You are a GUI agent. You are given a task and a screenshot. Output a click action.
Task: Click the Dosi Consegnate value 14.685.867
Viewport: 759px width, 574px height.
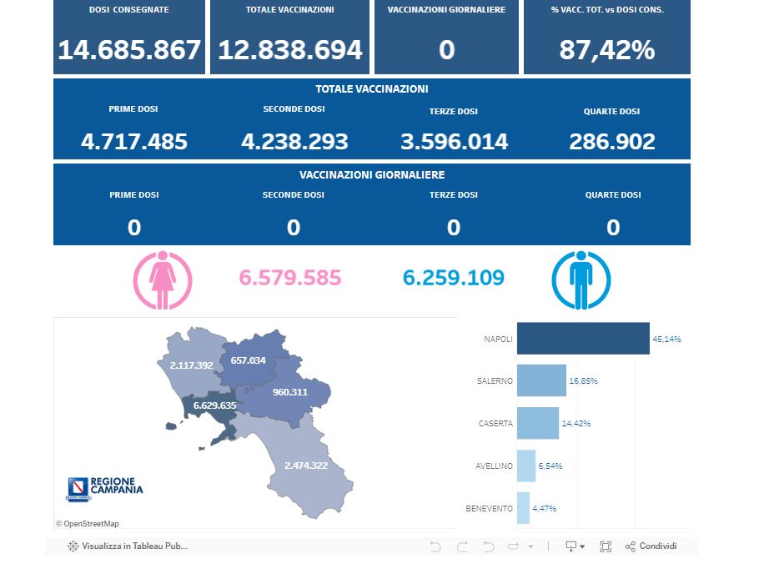point(129,50)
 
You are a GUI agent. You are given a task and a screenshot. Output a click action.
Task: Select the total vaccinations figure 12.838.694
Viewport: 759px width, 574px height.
point(289,50)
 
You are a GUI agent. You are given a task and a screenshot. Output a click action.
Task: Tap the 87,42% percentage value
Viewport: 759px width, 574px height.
point(607,50)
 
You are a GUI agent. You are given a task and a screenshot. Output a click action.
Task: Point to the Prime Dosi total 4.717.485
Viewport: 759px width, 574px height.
point(133,142)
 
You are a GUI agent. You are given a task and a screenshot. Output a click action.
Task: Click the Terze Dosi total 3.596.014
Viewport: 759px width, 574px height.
point(454,142)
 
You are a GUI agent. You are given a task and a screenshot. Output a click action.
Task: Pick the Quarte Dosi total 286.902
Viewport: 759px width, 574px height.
point(612,142)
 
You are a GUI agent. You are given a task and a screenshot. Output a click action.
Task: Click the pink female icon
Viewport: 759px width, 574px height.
point(163,279)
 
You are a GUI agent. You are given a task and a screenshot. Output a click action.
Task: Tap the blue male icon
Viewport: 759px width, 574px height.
point(581,279)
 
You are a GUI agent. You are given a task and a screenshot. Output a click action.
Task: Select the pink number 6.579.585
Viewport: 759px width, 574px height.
point(290,278)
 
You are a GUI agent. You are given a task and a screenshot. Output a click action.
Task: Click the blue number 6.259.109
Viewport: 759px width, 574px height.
point(454,278)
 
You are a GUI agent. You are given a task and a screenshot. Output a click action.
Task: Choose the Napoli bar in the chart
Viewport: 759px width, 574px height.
point(582,339)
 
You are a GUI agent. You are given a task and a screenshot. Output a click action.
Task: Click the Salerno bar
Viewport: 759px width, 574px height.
point(541,380)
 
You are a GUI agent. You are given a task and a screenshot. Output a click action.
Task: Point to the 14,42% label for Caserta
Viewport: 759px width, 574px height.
point(576,423)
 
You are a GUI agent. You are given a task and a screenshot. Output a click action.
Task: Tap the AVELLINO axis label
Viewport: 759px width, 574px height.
point(495,466)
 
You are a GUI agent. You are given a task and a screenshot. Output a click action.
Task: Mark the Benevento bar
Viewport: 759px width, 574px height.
point(523,508)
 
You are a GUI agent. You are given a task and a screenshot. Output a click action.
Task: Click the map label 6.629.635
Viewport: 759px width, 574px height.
point(214,405)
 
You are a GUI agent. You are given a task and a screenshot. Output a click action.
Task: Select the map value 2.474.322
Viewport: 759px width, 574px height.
point(305,465)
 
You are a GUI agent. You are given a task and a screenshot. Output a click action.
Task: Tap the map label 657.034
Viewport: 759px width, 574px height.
point(248,360)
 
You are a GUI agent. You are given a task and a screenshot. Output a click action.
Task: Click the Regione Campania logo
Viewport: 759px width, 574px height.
point(104,489)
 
